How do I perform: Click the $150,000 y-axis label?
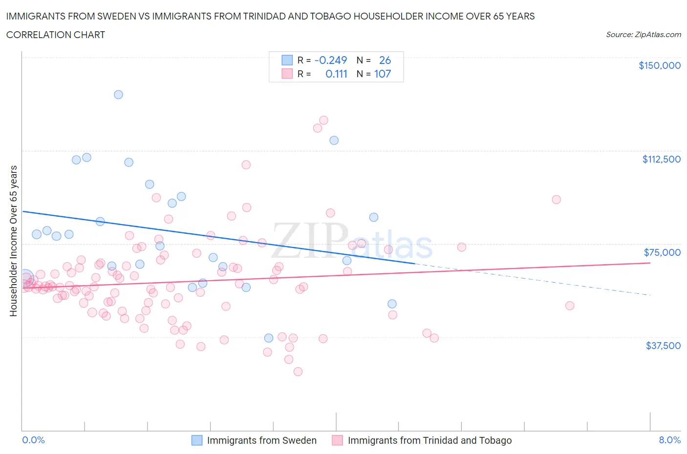coord(659,65)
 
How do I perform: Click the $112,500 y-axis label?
coord(661,159)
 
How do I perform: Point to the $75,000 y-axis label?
coord(662,252)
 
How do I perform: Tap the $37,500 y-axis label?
coord(663,346)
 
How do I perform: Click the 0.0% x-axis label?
coord(33,440)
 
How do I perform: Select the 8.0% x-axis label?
coord(669,440)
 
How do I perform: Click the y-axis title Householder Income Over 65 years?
coord(14,241)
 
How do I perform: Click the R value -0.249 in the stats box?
coord(331,60)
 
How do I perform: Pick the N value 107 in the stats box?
coord(382,74)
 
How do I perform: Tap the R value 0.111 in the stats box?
coord(336,74)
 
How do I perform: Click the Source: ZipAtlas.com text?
coord(643,34)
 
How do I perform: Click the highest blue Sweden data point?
coord(118,94)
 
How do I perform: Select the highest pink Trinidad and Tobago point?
coord(323,120)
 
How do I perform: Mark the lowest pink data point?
coord(298,371)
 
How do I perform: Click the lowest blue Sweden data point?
coord(268,338)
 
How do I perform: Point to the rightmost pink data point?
coord(569,306)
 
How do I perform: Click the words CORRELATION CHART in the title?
coord(56,35)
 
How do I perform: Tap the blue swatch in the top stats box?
coord(287,60)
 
